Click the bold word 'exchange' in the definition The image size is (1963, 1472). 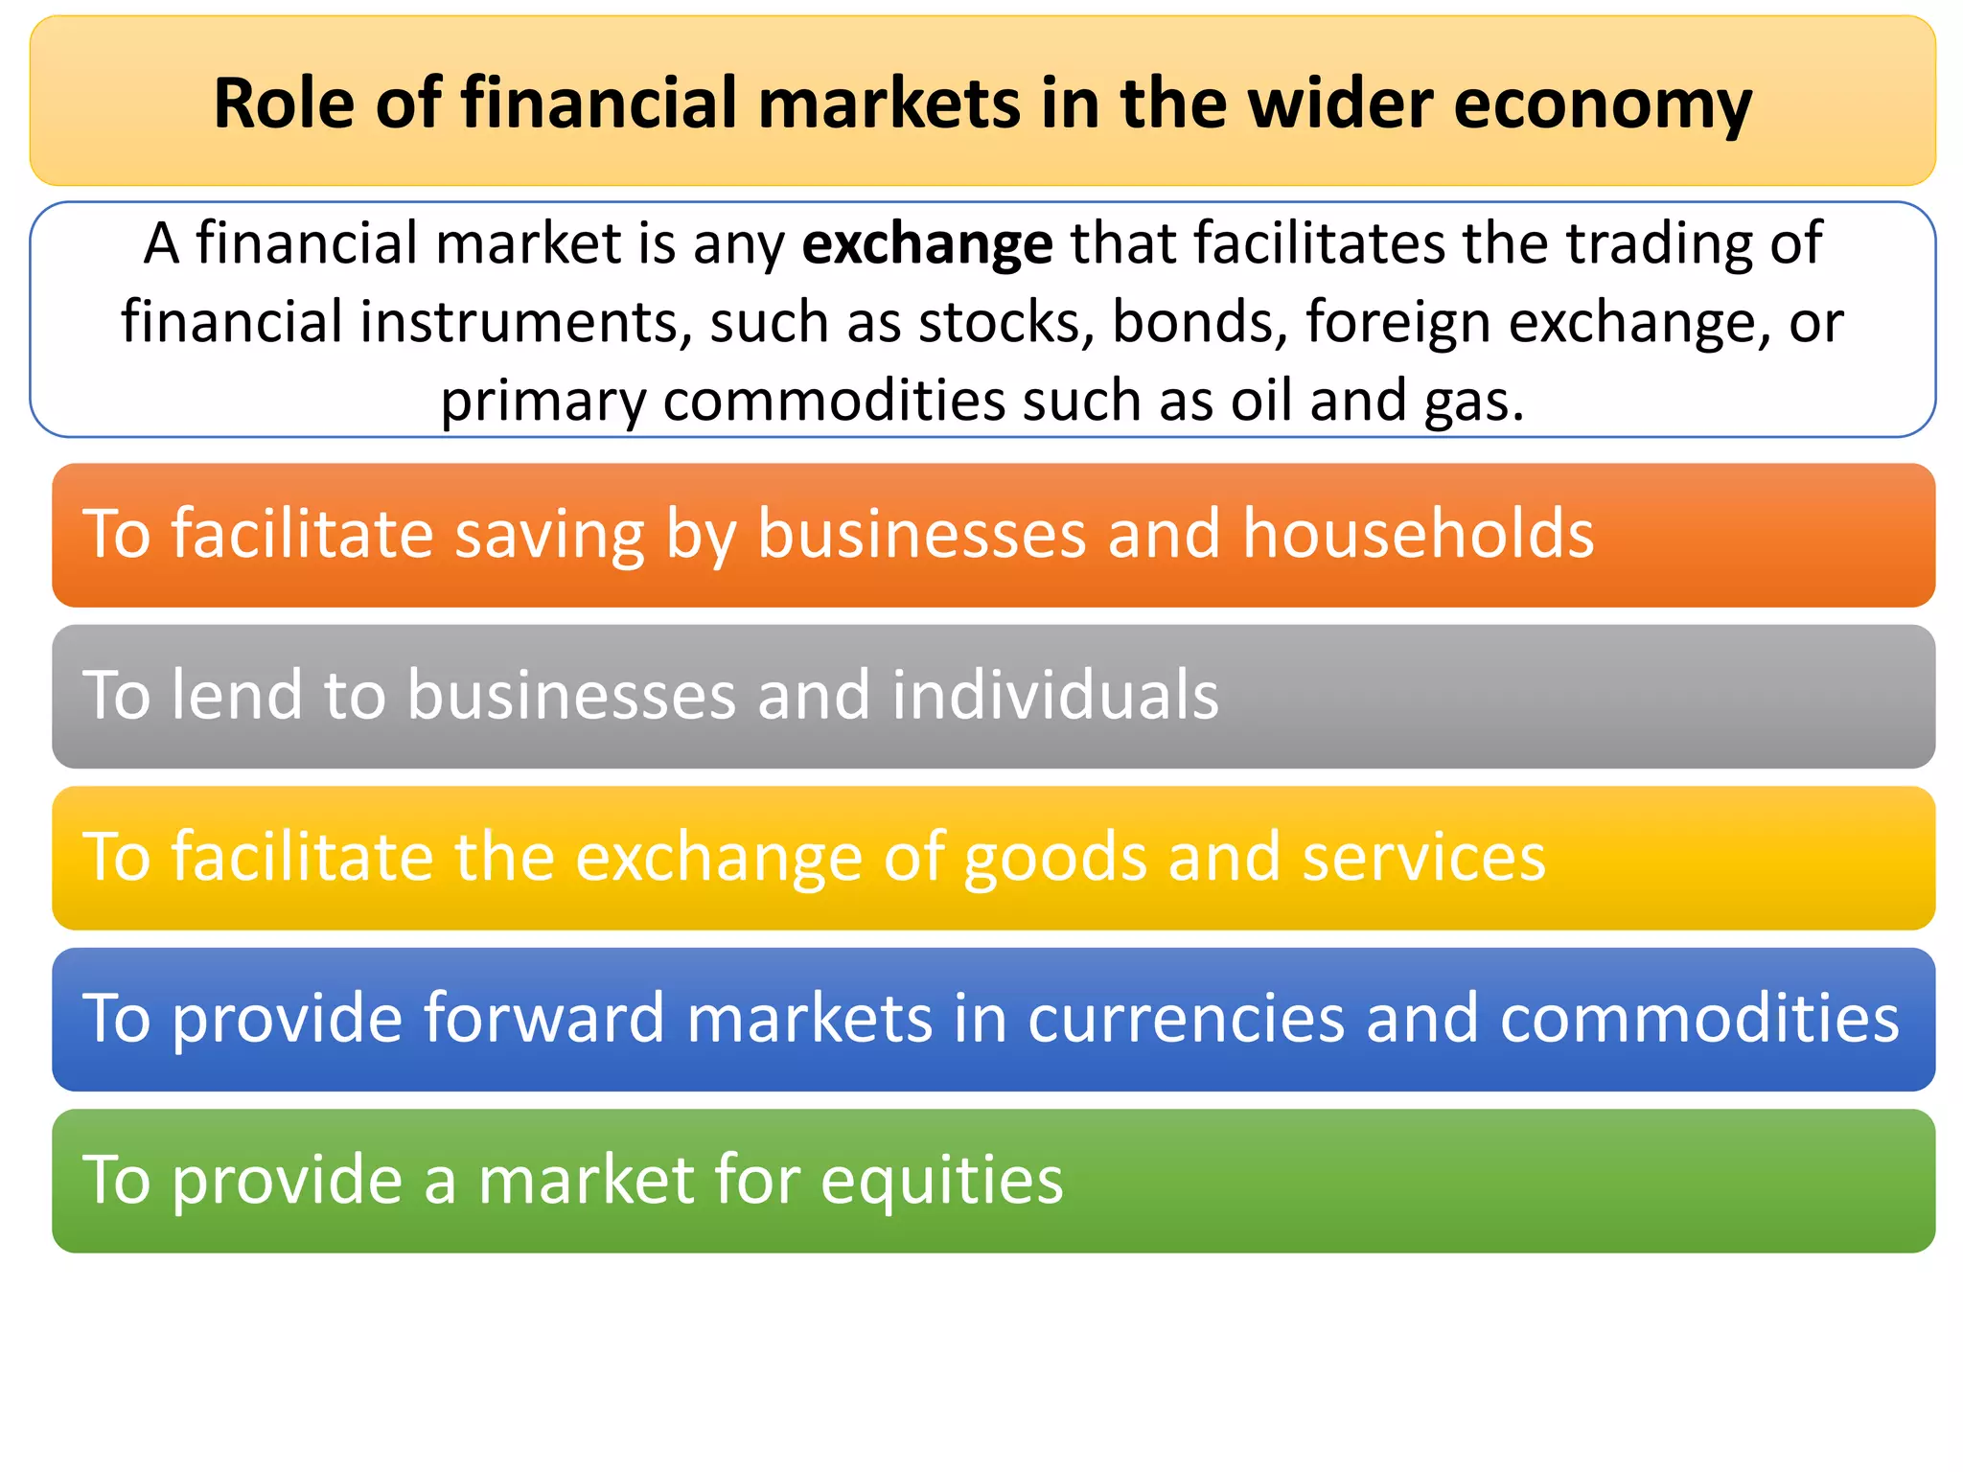click(x=927, y=244)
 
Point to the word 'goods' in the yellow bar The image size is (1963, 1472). click(x=1054, y=858)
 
